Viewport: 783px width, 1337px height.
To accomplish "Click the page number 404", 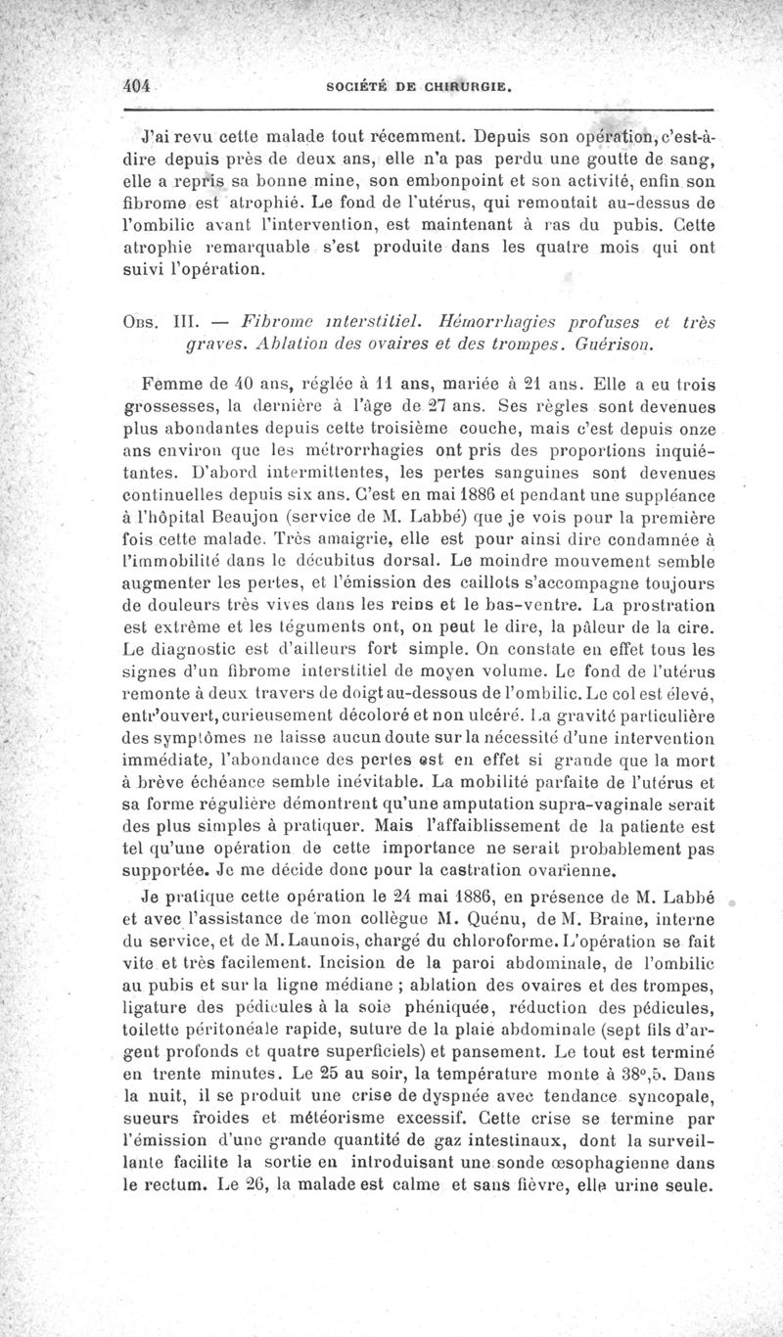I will (135, 85).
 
